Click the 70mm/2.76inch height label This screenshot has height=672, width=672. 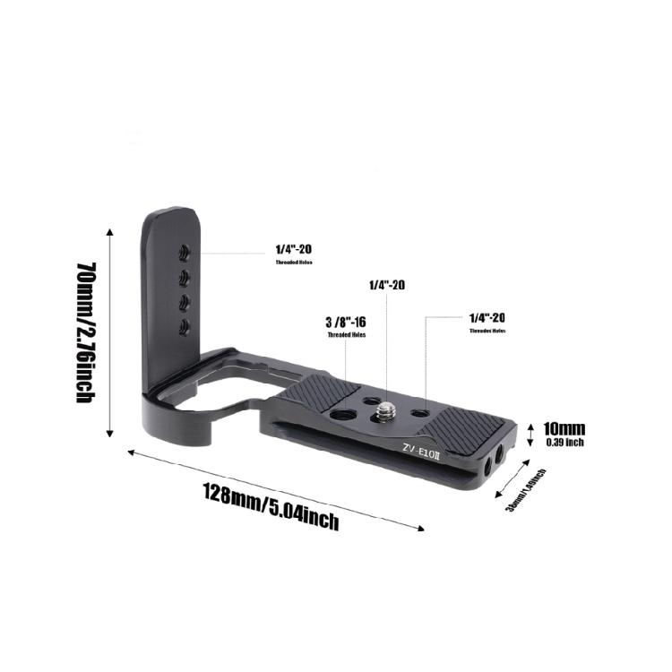pyautogui.click(x=86, y=332)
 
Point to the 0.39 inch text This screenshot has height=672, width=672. pyautogui.click(x=564, y=442)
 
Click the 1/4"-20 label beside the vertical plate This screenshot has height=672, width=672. pyautogui.click(x=293, y=250)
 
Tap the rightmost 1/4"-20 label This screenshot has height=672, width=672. pyautogui.click(x=487, y=318)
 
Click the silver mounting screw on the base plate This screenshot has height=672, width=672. pyautogui.click(x=386, y=410)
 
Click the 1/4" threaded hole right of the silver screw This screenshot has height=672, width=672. pyautogui.click(x=421, y=413)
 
